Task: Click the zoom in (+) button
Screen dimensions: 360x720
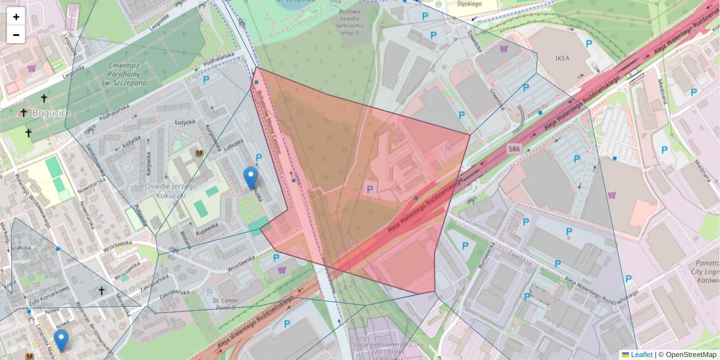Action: [x=16, y=17]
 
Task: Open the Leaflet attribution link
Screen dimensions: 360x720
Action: [x=641, y=355]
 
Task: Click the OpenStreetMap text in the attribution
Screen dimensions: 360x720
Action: [x=691, y=355]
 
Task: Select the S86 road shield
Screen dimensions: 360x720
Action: [x=514, y=148]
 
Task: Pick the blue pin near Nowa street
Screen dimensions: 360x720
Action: [x=61, y=340]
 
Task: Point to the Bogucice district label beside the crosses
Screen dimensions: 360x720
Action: [x=52, y=112]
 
